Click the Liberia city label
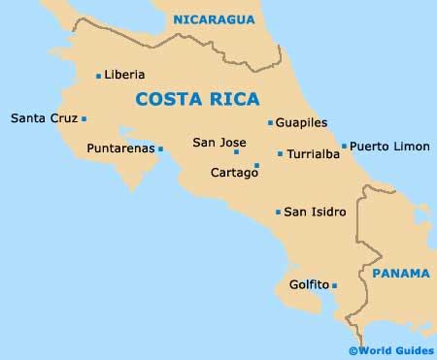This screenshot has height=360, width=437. point(125,75)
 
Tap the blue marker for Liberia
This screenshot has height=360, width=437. point(99,76)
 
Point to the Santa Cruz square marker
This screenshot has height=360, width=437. point(84,119)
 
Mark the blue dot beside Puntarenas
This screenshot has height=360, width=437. point(160,148)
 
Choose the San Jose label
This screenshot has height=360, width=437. point(218,142)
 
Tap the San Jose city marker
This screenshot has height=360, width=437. point(236,152)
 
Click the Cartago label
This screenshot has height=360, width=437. point(233,173)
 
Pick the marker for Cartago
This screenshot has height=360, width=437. point(256,165)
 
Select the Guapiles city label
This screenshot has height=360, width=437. point(301,123)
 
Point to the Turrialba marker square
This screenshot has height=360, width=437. point(280,154)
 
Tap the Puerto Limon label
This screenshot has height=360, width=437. point(389,146)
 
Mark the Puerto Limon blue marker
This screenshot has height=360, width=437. point(344,147)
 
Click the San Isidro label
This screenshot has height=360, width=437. point(315,212)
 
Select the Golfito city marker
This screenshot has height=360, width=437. point(334,285)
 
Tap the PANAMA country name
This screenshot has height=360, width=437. point(400,274)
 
